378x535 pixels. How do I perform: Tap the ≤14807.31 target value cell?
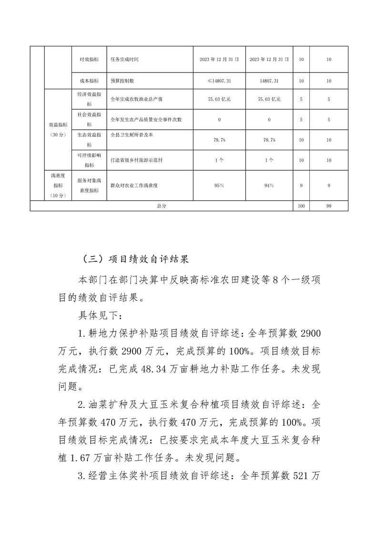[219, 81]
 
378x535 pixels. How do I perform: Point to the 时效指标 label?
[89, 60]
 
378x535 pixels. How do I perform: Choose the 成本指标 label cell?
[89, 81]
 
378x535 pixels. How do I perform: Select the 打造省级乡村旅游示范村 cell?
[136, 160]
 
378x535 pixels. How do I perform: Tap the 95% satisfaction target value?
[219, 185]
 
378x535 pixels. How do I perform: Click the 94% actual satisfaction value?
[269, 185]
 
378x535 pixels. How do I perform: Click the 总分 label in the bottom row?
[161, 206]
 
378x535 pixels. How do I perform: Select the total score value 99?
[328, 206]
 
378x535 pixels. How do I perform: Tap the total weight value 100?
[301, 206]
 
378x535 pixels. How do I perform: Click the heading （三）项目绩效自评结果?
[135, 259]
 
